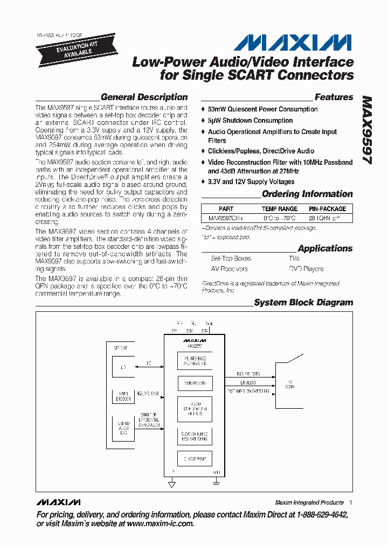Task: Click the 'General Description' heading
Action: click(x=144, y=97)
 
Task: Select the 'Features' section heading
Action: click(x=334, y=97)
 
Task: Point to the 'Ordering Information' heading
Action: click(x=307, y=194)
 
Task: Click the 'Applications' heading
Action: click(x=325, y=248)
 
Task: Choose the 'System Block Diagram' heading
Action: click(x=303, y=303)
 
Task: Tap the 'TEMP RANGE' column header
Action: click(x=280, y=208)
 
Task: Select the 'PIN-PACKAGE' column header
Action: click(x=327, y=208)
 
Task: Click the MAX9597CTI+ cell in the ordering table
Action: click(x=226, y=219)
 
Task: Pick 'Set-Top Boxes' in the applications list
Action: click(x=231, y=258)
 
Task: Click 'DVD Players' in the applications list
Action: click(x=306, y=269)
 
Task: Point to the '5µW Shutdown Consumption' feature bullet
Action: click(x=250, y=121)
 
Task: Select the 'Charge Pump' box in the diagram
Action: click(x=194, y=459)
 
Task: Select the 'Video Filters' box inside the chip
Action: click(x=194, y=383)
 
